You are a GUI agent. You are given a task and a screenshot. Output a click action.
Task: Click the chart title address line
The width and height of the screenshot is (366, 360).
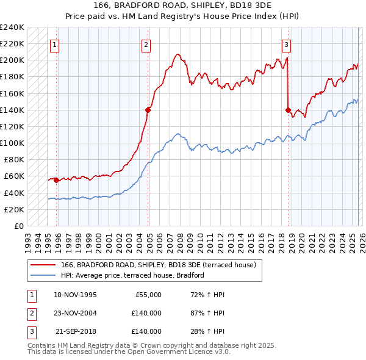pyautogui.click(x=182, y=5)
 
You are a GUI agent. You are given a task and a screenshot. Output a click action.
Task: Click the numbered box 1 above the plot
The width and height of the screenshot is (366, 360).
pyautogui.click(x=56, y=44)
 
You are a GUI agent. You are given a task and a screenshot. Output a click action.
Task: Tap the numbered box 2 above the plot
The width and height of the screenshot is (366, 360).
pyautogui.click(x=147, y=44)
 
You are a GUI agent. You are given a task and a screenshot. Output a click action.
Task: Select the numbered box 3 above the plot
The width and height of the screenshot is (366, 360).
pyautogui.click(x=287, y=44)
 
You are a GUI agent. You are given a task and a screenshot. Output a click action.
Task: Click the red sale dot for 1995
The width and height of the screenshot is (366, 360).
pyautogui.click(x=56, y=180)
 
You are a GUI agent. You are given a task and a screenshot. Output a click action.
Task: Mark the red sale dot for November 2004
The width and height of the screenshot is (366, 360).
pyautogui.click(x=148, y=110)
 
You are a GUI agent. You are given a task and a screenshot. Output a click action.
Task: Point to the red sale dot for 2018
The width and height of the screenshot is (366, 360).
pyautogui.click(x=287, y=110)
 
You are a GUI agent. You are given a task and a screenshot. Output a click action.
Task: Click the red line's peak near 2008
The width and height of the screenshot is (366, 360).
pyautogui.click(x=177, y=54)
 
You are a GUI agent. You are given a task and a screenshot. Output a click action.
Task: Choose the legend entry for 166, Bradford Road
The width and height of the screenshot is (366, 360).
pyautogui.click(x=161, y=265)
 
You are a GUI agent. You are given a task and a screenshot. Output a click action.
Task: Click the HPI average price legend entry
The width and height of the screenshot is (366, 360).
pyautogui.click(x=132, y=276)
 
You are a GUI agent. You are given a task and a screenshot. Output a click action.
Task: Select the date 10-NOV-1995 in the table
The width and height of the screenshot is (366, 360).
pyautogui.click(x=75, y=295)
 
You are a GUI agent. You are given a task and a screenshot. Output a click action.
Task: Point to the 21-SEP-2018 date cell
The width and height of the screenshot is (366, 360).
pyautogui.click(x=75, y=331)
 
